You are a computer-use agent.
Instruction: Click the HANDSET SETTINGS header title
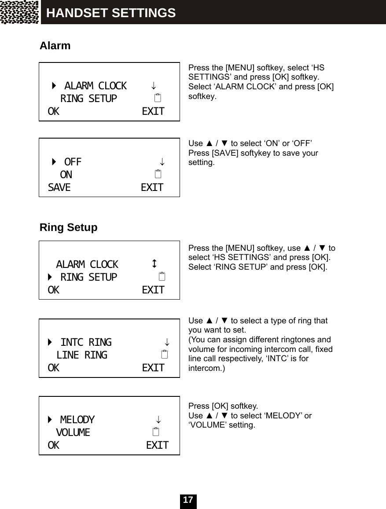click(x=111, y=13)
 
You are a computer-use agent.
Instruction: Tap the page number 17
click(x=188, y=500)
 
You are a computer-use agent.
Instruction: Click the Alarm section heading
click(x=55, y=46)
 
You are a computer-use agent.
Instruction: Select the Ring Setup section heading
click(x=69, y=227)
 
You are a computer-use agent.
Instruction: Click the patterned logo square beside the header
click(x=20, y=12)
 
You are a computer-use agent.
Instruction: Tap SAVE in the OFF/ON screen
click(x=59, y=188)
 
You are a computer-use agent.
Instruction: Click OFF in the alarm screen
click(x=73, y=162)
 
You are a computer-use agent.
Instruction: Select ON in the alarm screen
click(x=66, y=175)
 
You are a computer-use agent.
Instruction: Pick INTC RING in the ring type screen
click(x=86, y=342)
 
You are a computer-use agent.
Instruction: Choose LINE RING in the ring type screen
click(x=81, y=355)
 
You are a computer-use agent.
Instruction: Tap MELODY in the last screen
click(x=77, y=419)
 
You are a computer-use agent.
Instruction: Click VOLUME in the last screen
click(x=73, y=432)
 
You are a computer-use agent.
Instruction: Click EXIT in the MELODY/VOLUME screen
click(x=157, y=445)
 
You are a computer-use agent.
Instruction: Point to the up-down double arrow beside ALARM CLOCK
click(x=154, y=264)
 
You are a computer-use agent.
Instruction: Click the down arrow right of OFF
click(x=162, y=162)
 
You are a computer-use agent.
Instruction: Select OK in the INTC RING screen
click(x=53, y=368)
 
